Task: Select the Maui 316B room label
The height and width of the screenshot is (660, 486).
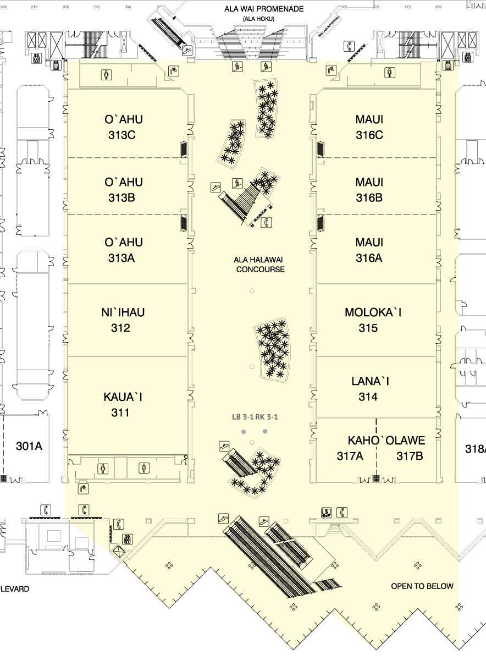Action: (x=369, y=190)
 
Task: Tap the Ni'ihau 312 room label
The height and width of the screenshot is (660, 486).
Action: (x=124, y=320)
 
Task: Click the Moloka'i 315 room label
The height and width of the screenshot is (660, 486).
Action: (x=373, y=320)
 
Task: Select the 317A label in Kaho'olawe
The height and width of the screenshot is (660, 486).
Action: (x=350, y=456)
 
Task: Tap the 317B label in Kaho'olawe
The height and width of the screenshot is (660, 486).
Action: (x=410, y=456)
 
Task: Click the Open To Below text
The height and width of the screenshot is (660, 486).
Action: (x=422, y=586)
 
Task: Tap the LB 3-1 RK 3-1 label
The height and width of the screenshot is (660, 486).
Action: (x=255, y=417)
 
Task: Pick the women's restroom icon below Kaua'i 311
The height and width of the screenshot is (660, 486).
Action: (x=103, y=468)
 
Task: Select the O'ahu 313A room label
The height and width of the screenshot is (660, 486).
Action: (x=123, y=250)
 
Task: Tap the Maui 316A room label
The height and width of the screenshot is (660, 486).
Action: (x=369, y=250)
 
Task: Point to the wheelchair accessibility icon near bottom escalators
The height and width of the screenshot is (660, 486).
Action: (x=327, y=513)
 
